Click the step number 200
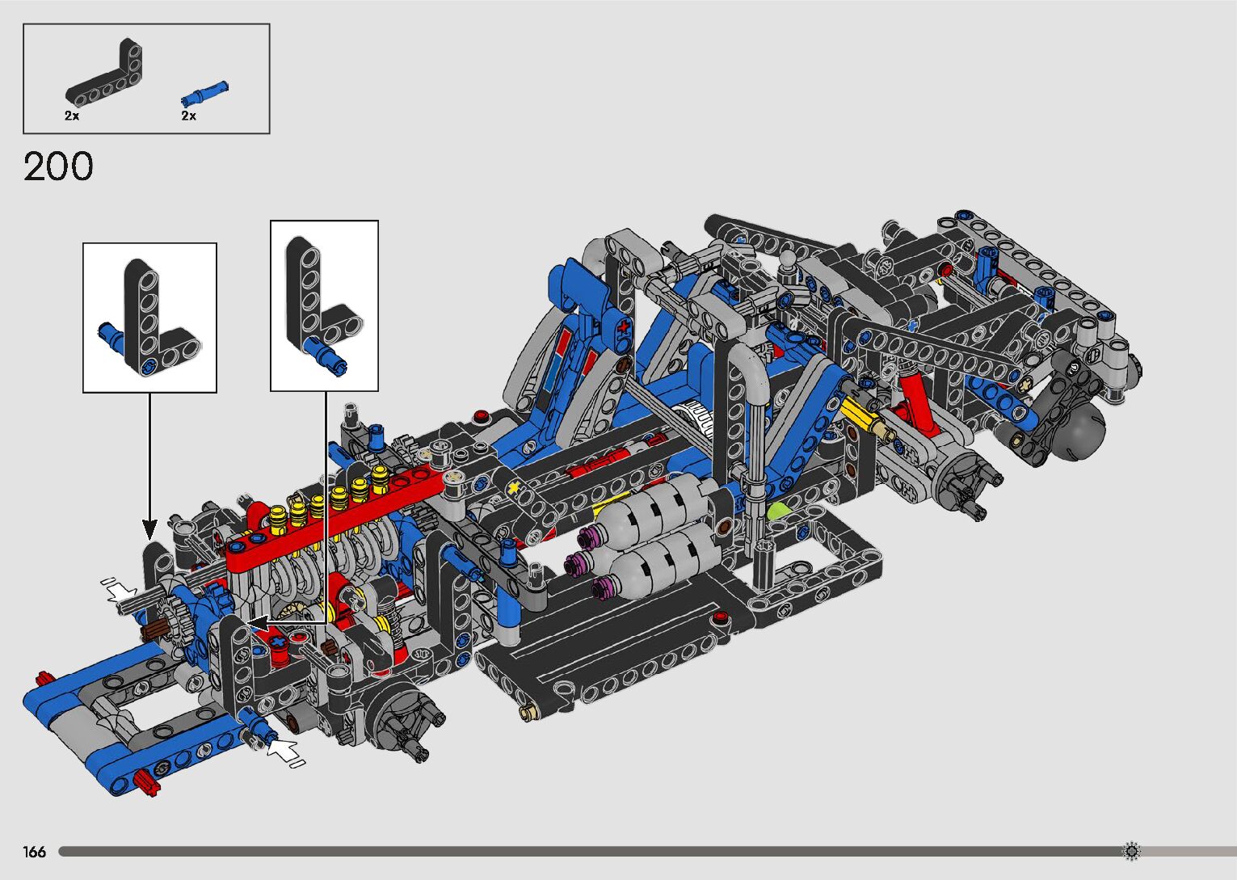tap(58, 166)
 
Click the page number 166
tap(34, 852)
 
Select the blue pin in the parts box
tap(204, 94)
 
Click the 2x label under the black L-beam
tap(72, 116)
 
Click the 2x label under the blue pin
tap(189, 116)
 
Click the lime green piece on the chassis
tap(777, 512)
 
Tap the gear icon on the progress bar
tap(1131, 851)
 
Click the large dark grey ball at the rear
tap(1077, 434)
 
